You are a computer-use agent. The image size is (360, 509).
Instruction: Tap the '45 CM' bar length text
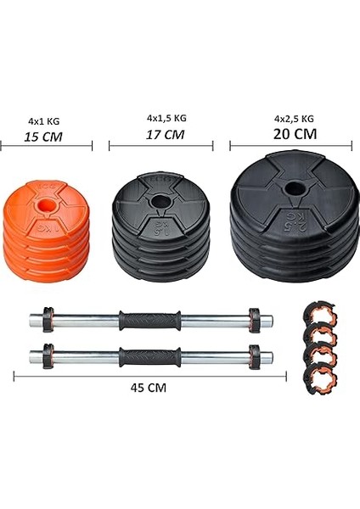(x=149, y=388)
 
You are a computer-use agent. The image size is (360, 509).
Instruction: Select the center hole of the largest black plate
(x=295, y=189)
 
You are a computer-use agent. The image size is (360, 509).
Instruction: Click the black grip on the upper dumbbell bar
(x=149, y=320)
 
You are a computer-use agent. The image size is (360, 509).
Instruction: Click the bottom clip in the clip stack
(x=319, y=374)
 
